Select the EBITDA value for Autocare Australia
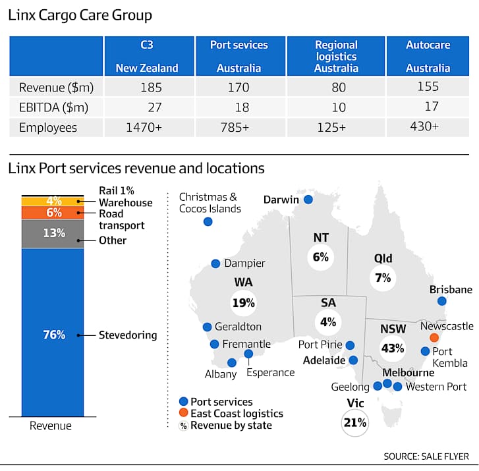click(x=432, y=106)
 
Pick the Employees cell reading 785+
click(x=235, y=127)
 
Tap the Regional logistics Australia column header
click(x=336, y=56)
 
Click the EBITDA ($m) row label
click(x=53, y=107)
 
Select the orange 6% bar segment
click(x=53, y=212)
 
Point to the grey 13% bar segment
click(x=53, y=233)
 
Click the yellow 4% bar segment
click(x=53, y=201)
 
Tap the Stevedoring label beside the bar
click(x=128, y=335)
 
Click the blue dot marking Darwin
click(x=308, y=200)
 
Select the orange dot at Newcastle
click(x=434, y=337)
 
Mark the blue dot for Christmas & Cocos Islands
click(x=208, y=221)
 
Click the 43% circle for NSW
click(x=393, y=348)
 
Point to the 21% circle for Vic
click(x=354, y=423)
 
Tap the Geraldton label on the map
click(x=238, y=327)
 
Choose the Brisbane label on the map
click(x=451, y=289)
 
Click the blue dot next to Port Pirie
click(x=350, y=345)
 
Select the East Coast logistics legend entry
click(x=231, y=413)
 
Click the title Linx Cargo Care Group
click(x=80, y=15)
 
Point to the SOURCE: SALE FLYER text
click(x=426, y=457)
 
